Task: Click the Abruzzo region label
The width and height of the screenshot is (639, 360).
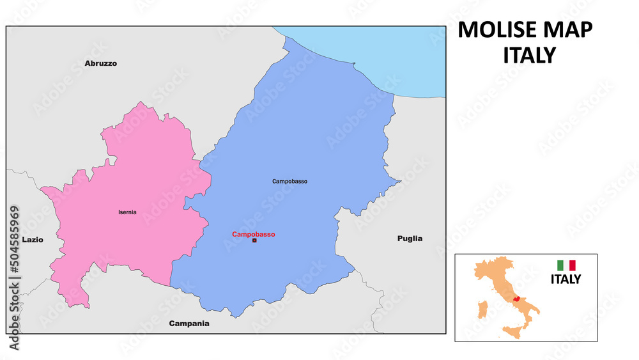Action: (101, 63)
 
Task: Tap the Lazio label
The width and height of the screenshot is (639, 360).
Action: (33, 239)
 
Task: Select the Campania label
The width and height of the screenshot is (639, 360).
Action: (189, 324)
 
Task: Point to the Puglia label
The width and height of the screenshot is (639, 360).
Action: (410, 239)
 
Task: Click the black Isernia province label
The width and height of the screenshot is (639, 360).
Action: (127, 212)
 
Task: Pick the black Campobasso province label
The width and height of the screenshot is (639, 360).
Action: (289, 182)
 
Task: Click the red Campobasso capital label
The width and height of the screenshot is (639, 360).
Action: (254, 234)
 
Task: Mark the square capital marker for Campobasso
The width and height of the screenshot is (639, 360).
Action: (254, 241)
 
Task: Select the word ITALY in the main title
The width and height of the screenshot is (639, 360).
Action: (529, 56)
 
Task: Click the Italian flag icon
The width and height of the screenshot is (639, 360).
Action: (566, 265)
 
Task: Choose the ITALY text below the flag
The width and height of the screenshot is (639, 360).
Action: (566, 279)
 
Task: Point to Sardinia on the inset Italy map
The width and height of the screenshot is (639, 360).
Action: (484, 309)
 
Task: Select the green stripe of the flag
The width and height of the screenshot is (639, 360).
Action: (560, 265)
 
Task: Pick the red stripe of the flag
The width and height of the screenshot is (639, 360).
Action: (573, 265)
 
